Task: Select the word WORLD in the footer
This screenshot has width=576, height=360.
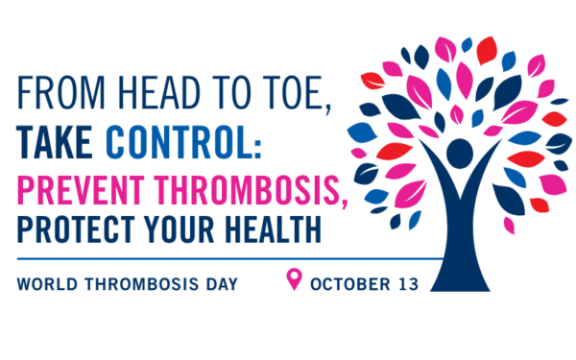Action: point(44,284)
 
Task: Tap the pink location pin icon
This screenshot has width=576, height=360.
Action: point(295,280)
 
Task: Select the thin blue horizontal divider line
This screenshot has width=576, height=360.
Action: point(221,259)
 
